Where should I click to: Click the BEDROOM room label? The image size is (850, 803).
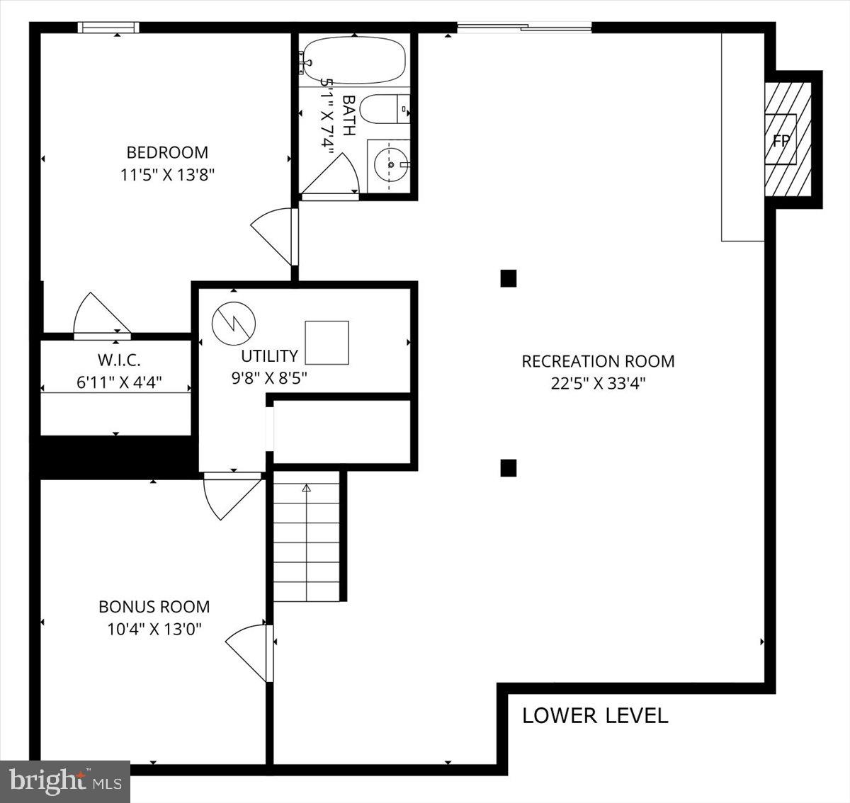(167, 152)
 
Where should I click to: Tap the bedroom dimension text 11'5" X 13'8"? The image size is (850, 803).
(167, 175)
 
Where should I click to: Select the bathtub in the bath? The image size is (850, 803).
(353, 60)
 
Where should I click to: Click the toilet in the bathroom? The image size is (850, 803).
(385, 109)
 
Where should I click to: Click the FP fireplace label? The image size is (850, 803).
(781, 140)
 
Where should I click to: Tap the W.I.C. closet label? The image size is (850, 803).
(119, 360)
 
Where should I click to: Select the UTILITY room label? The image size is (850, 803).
(270, 356)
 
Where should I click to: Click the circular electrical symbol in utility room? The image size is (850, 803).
(234, 323)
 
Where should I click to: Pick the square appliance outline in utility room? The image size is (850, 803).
(327, 343)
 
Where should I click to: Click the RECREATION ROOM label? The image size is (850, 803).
(598, 362)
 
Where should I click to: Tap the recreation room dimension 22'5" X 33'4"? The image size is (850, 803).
(598, 384)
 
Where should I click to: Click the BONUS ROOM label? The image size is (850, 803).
(154, 607)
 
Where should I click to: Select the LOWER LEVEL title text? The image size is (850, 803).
(595, 716)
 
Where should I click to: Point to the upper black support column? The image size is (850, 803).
(509, 278)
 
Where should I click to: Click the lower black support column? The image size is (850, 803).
(509, 468)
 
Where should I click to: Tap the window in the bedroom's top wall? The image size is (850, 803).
(108, 28)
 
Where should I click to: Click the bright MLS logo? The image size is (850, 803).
(65, 782)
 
